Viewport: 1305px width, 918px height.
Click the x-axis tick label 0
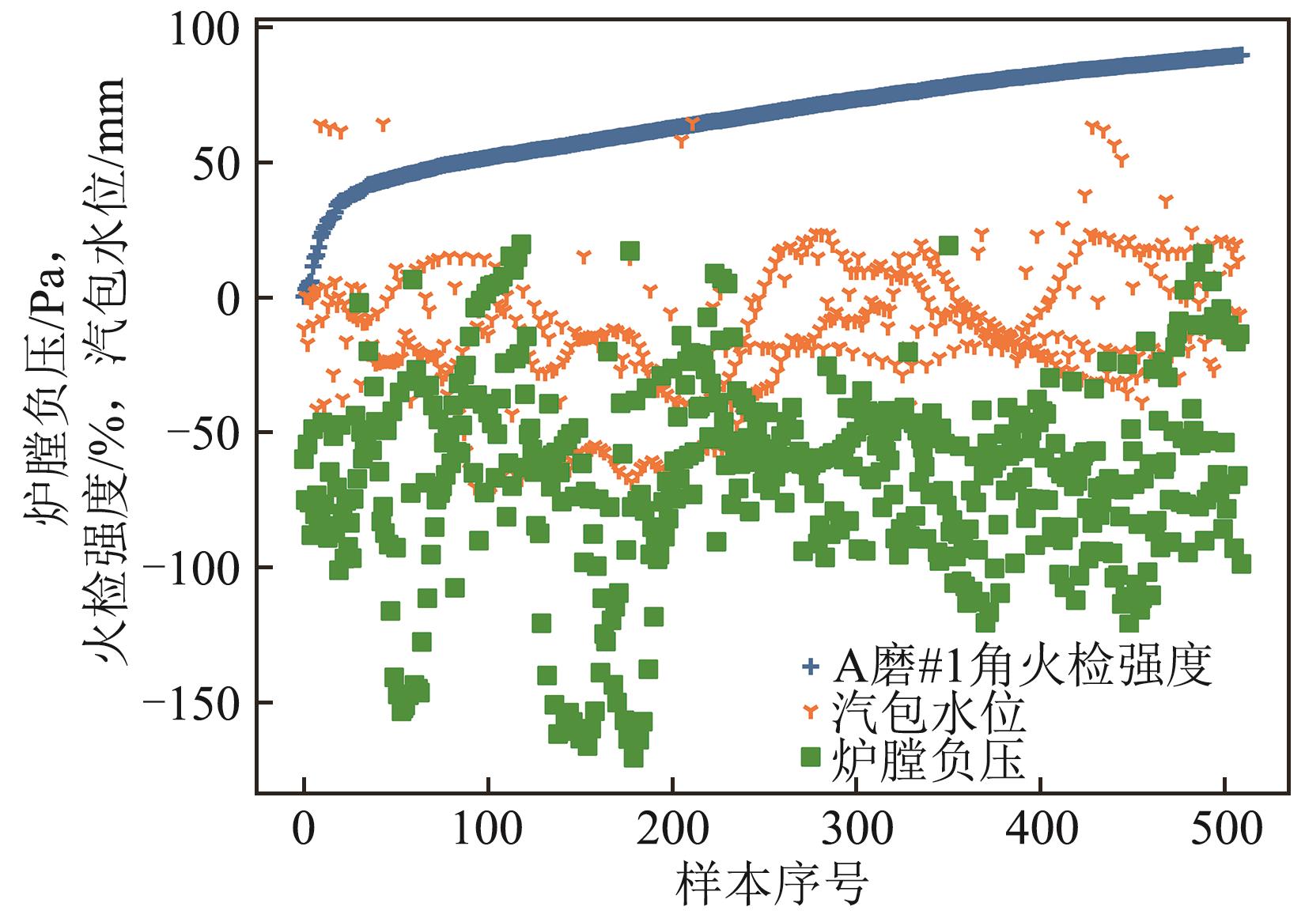point(304,830)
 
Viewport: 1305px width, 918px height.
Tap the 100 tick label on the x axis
point(488,830)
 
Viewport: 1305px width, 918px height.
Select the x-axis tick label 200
point(671,830)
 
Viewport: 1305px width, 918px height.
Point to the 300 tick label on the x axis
point(856,830)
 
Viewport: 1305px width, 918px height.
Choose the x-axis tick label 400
point(1040,830)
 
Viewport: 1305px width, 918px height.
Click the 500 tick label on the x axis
point(1224,830)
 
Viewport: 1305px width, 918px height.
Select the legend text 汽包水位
point(929,713)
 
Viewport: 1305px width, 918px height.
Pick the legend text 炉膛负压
point(929,759)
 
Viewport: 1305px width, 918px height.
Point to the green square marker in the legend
point(810,757)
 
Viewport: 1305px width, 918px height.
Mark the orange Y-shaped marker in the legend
point(810,713)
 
